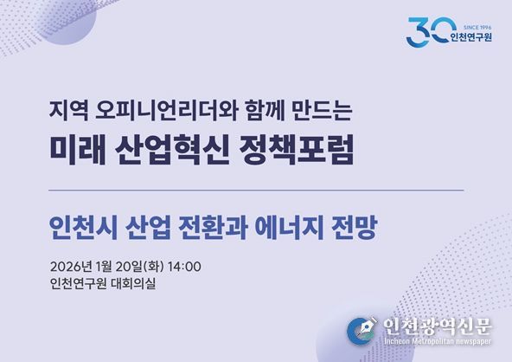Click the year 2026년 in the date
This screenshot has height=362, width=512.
[x=69, y=265]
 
